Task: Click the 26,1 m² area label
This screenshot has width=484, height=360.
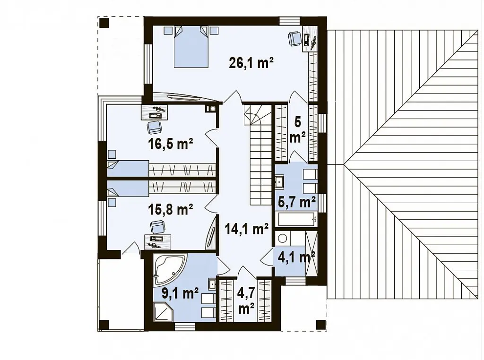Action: pos(251,63)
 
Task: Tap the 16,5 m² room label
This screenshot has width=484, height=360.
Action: pos(171,144)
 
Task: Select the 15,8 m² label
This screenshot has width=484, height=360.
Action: pos(171,209)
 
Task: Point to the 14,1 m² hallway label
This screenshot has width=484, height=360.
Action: pos(246,229)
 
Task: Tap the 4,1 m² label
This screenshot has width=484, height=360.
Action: pos(296,257)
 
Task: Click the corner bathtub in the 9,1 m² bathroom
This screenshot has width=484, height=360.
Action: pos(170,269)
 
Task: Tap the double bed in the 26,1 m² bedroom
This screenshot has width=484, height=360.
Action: pos(190,47)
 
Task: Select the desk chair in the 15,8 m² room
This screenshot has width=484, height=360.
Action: pos(158,227)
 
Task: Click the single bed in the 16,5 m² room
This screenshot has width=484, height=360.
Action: pos(128,169)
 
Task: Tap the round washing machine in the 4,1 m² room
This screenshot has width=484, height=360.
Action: pos(283,238)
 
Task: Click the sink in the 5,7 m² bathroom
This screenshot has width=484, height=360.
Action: pos(279,182)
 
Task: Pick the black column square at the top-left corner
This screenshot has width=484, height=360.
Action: pos(104,23)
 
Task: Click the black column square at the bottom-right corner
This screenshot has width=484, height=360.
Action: pos(321,325)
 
